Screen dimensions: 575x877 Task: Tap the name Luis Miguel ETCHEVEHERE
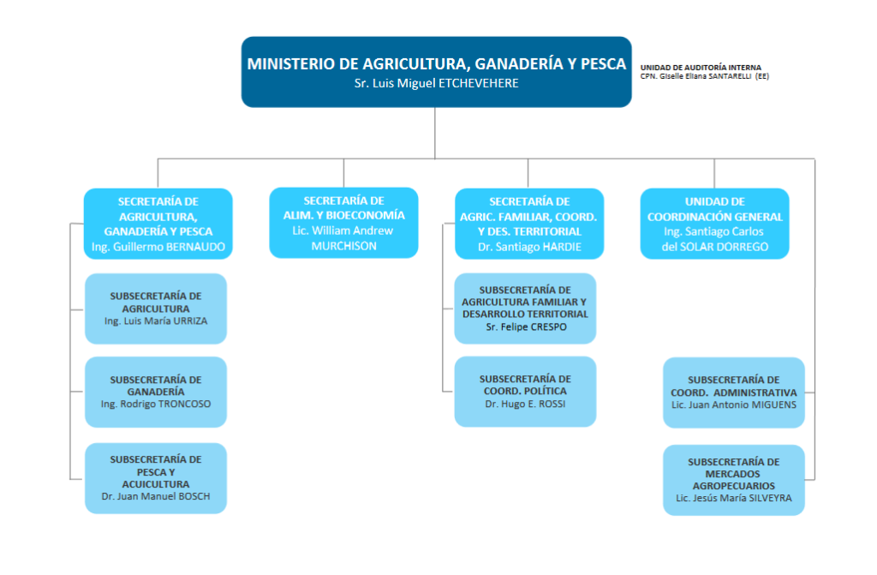tap(437, 83)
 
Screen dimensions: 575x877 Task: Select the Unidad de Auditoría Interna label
tap(700, 68)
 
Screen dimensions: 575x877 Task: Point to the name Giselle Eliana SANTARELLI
tap(695, 76)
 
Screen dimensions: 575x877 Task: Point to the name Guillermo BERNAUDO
tap(158, 247)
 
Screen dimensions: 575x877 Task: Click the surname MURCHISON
tap(343, 246)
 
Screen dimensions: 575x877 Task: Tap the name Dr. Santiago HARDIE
tap(528, 247)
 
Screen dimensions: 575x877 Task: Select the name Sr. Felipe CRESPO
tap(526, 326)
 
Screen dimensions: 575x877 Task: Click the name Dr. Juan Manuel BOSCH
tap(156, 496)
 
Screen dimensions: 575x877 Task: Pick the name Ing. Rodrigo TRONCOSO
tap(156, 404)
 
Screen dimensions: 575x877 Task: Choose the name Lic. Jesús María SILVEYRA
tap(734, 498)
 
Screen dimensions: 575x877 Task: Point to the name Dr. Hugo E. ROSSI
tap(525, 404)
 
